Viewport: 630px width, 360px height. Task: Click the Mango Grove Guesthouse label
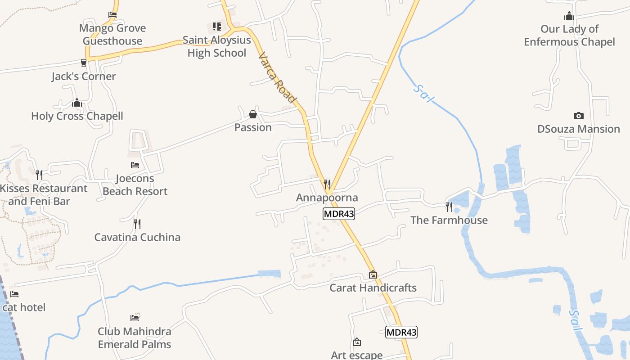(x=112, y=35)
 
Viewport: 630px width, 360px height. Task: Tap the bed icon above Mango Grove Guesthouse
(x=112, y=15)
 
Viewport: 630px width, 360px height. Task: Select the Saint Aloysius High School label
(x=216, y=46)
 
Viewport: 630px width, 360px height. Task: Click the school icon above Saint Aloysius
(x=217, y=27)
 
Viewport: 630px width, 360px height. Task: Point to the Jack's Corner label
(x=84, y=76)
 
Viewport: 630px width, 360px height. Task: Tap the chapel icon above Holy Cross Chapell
(x=77, y=103)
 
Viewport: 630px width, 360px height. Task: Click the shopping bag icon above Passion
(x=253, y=114)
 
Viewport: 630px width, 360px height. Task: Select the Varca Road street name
(x=278, y=78)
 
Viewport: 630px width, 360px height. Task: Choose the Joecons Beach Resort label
(x=135, y=185)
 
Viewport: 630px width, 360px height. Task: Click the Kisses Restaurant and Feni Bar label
(x=44, y=195)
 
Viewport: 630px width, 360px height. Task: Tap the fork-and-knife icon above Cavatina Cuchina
(x=137, y=224)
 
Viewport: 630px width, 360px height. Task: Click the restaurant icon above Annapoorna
(x=327, y=184)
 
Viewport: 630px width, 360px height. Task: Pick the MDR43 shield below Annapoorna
(x=339, y=214)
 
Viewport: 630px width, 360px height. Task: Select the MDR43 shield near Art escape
(x=401, y=332)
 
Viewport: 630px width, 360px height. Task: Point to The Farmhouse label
(x=449, y=220)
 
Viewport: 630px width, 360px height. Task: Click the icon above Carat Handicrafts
(x=373, y=274)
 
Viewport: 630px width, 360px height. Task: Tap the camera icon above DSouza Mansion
(x=579, y=116)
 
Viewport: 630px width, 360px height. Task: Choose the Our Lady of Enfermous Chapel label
(x=569, y=36)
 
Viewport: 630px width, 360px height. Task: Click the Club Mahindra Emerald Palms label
(x=135, y=338)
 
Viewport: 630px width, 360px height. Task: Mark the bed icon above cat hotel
(x=14, y=294)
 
